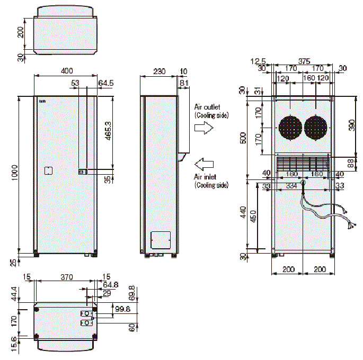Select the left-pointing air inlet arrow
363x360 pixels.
tap(203, 161)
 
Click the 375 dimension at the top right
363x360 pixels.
tap(304, 61)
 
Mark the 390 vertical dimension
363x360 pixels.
tap(351, 125)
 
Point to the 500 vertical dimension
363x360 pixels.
tap(243, 138)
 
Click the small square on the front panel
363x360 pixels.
tap(48, 170)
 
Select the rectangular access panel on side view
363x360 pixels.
tap(161, 240)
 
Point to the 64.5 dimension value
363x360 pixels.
tap(106, 83)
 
